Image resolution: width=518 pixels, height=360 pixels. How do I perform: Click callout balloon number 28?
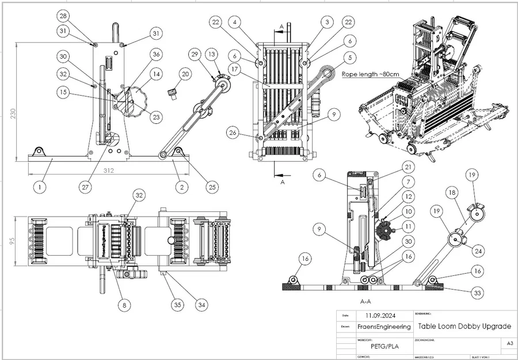click(63, 16)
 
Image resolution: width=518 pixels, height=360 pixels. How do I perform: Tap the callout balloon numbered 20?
click(184, 74)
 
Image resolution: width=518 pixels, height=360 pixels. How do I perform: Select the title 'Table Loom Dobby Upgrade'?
click(464, 326)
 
